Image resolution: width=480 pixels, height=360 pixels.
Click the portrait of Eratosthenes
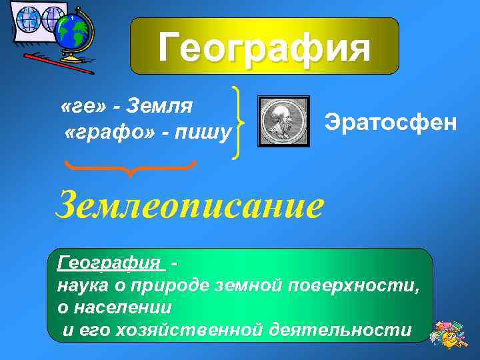284,121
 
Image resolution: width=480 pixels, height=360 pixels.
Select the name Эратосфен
391,122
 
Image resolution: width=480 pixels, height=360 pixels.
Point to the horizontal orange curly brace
129,166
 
